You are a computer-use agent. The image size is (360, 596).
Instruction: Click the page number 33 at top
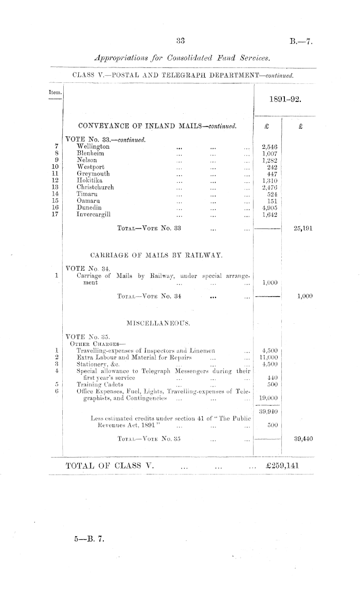tap(180, 41)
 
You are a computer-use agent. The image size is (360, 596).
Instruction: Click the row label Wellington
tap(92, 147)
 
